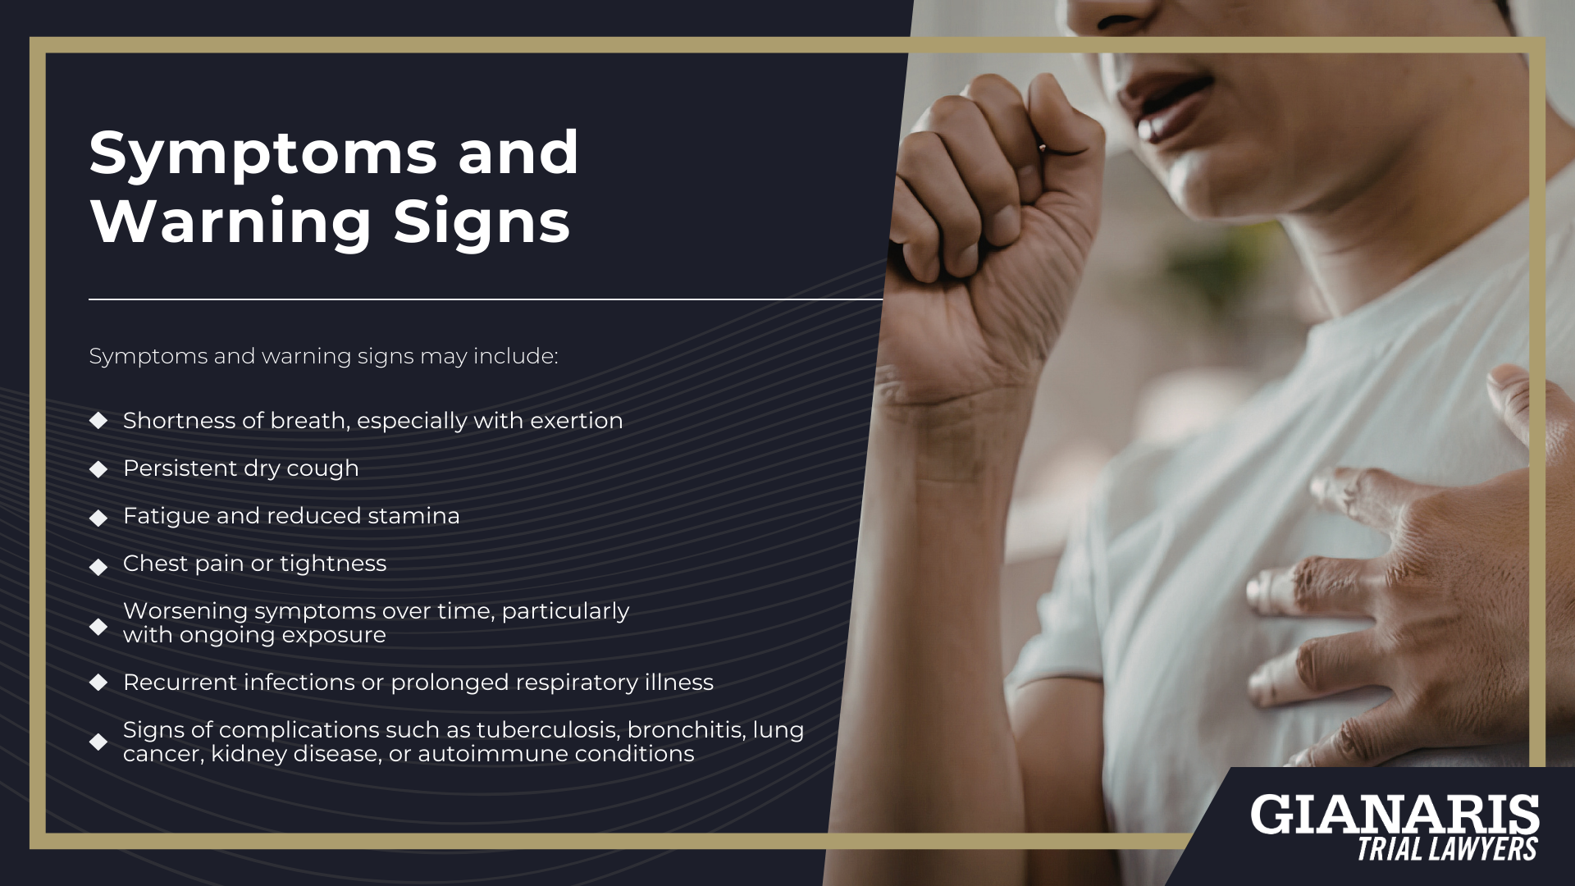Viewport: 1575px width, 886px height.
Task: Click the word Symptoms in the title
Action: pos(263,153)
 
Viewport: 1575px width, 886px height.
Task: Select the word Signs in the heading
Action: pos(482,221)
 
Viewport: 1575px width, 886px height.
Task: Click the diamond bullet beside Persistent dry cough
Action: pos(98,469)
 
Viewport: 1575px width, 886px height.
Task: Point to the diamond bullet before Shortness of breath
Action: pos(98,421)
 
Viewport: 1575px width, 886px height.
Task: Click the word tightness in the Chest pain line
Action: pos(333,564)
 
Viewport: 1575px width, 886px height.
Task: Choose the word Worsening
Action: pos(185,611)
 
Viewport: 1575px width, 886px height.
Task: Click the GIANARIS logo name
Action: pos(1394,815)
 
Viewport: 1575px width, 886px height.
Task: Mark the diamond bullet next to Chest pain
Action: pos(98,567)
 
